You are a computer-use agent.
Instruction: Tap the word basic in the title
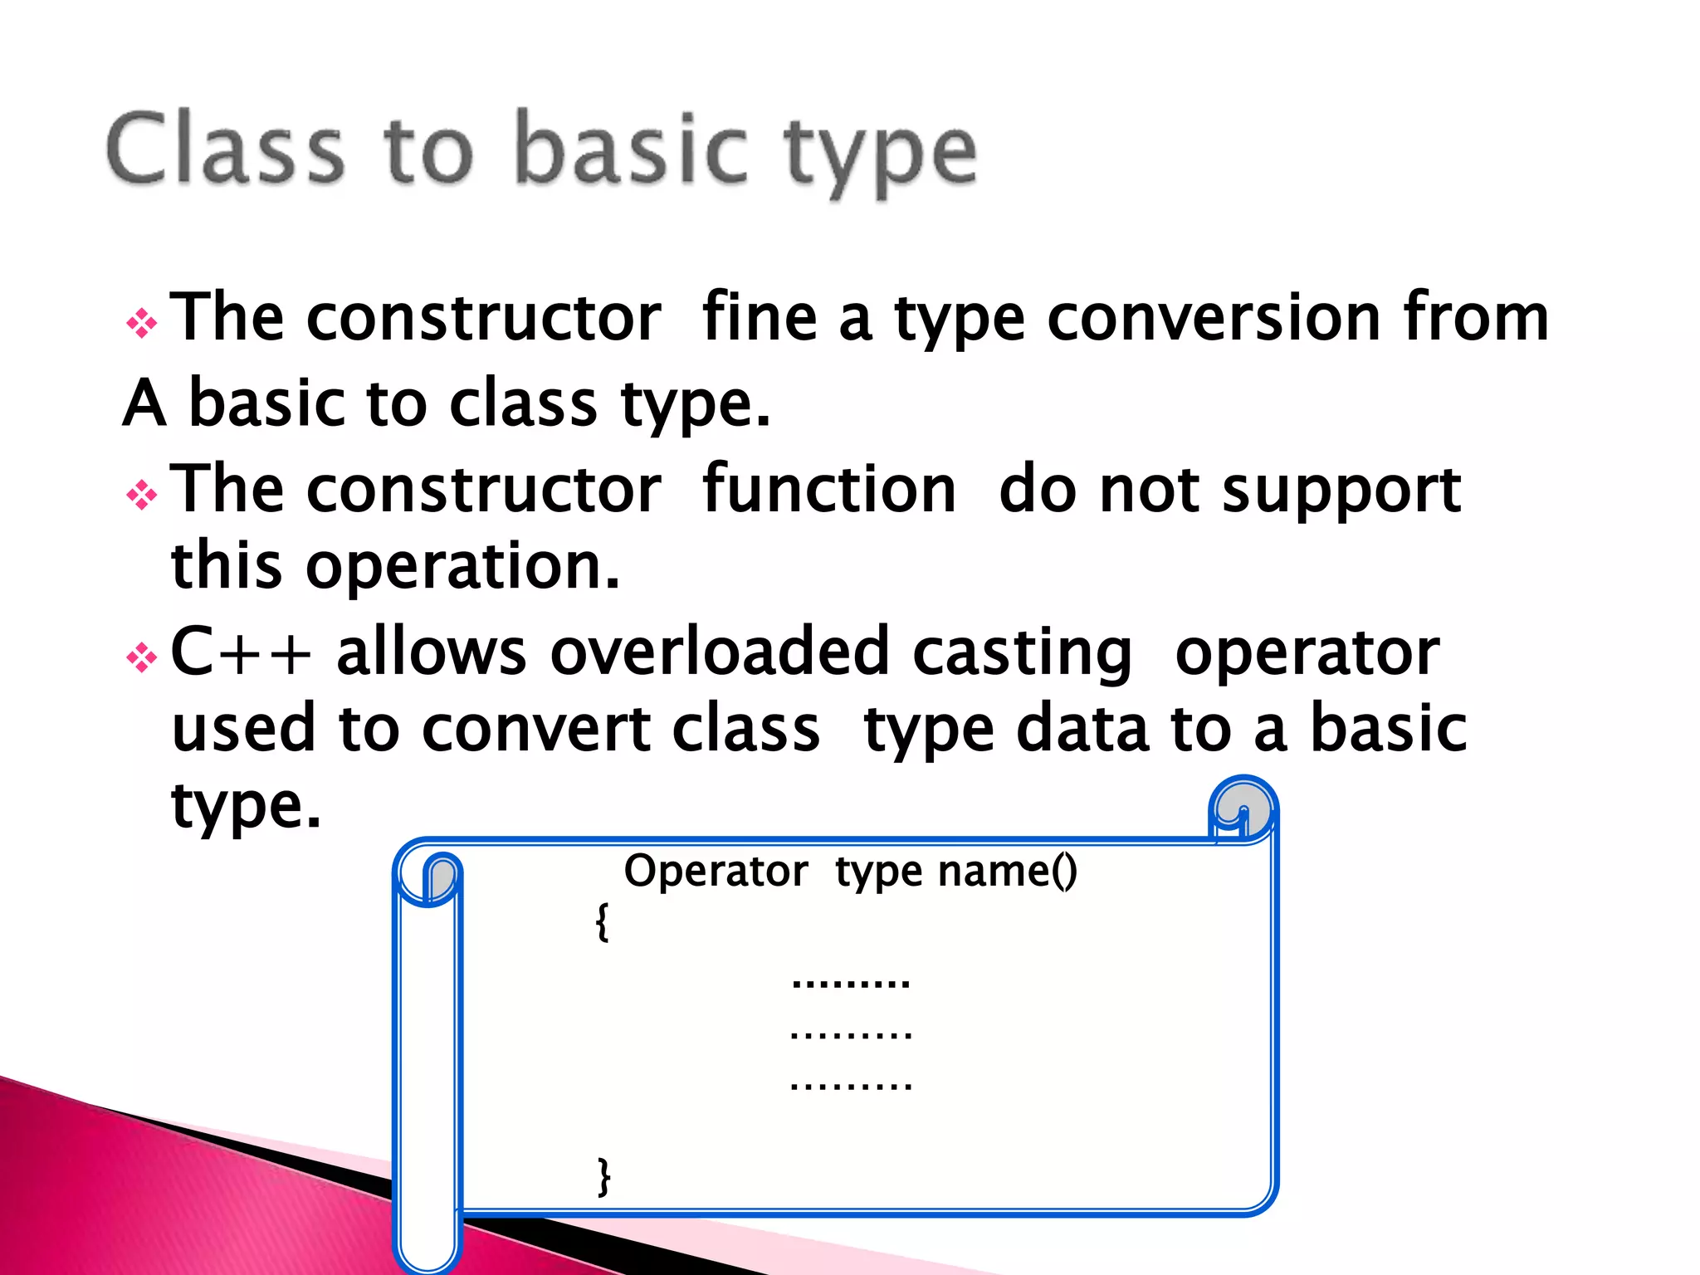point(631,149)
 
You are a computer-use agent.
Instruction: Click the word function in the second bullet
point(828,490)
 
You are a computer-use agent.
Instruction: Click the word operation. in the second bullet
point(462,566)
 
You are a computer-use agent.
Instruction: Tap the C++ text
point(241,652)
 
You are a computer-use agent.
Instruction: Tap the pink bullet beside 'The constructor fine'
point(142,324)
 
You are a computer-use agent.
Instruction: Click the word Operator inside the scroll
point(716,872)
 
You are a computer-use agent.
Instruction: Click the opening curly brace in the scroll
point(603,921)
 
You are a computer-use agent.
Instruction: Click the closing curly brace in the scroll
point(604,1176)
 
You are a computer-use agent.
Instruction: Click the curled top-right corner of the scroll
point(1243,809)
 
